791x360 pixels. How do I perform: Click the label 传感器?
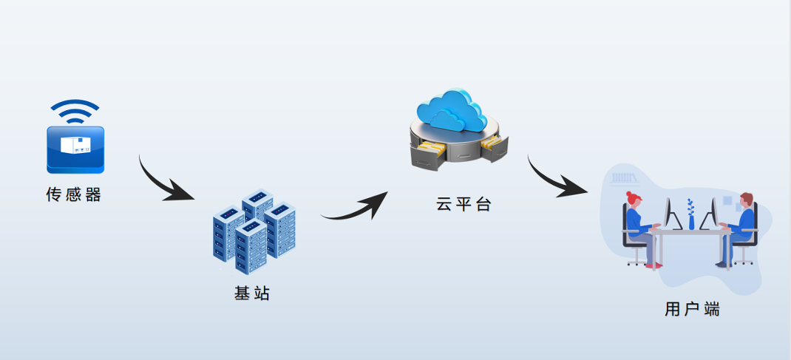(x=73, y=195)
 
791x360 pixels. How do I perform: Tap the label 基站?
(x=252, y=293)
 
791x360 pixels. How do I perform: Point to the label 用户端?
(x=692, y=309)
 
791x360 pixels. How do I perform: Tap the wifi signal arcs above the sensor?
(x=75, y=112)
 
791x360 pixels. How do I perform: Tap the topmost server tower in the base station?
(x=258, y=204)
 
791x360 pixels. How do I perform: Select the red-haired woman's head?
(x=634, y=200)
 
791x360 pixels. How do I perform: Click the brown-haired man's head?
(x=745, y=200)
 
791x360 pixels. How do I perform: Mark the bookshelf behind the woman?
(x=625, y=178)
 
